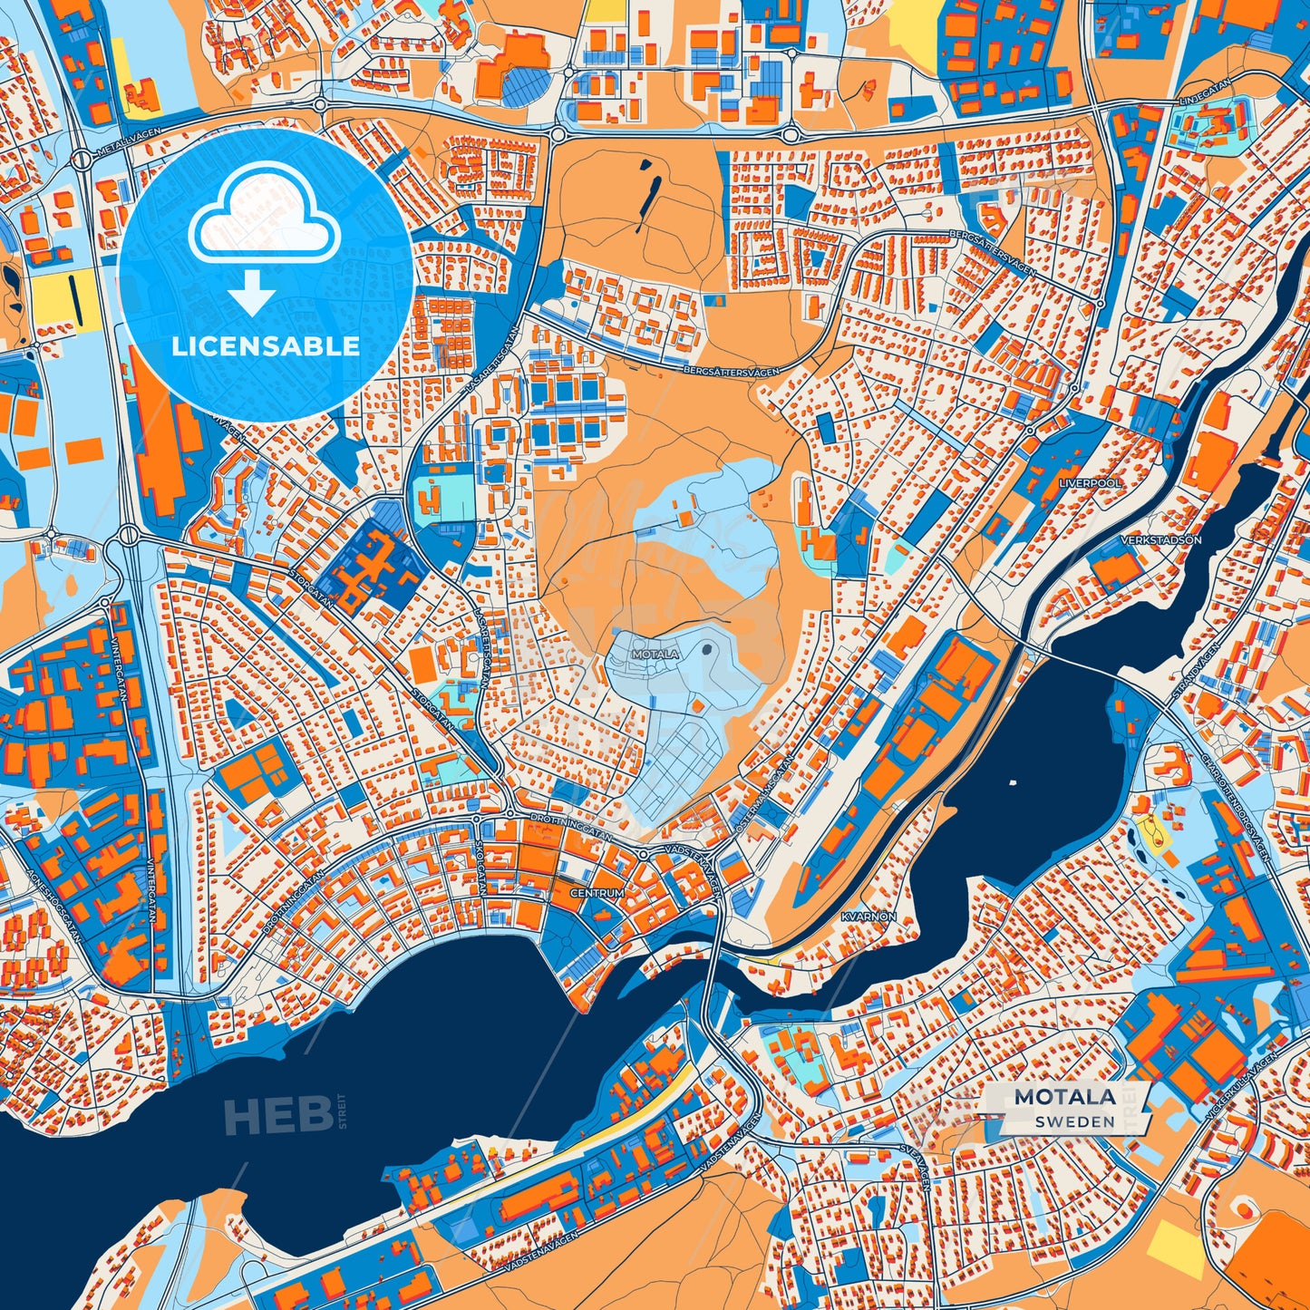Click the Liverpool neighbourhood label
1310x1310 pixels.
point(1090,483)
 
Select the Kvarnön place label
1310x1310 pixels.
point(868,917)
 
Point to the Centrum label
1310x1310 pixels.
point(597,893)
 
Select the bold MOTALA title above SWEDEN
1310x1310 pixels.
point(1064,1097)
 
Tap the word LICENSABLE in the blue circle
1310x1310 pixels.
point(266,345)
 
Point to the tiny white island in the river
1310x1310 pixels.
point(1011,781)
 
